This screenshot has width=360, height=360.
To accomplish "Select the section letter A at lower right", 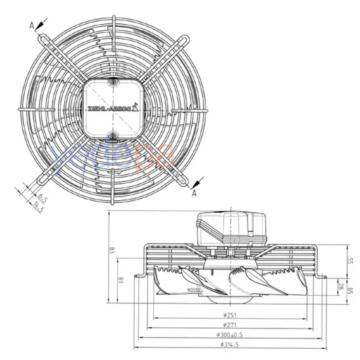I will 194,193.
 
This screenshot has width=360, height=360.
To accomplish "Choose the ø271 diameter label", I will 229,325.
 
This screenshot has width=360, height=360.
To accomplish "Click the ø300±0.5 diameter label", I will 229,334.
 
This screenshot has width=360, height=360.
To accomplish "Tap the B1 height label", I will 120,279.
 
